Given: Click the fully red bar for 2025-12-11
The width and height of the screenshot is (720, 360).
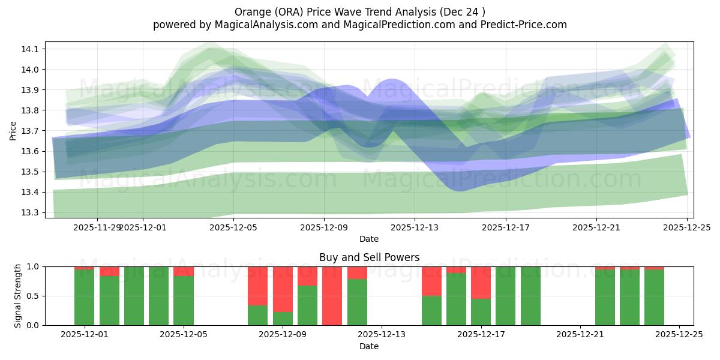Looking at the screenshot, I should click(x=332, y=296).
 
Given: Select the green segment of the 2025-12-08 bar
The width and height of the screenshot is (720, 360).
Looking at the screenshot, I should click(x=257, y=315).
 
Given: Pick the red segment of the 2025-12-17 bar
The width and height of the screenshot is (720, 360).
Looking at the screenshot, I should click(x=481, y=283).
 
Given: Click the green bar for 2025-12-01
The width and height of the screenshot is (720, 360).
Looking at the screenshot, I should click(x=84, y=297).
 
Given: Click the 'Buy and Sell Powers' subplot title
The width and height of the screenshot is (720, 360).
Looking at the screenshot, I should click(x=369, y=257).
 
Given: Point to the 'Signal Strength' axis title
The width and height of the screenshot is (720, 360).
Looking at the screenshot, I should click(x=17, y=296).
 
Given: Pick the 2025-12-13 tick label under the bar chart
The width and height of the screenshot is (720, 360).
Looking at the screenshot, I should click(x=382, y=335).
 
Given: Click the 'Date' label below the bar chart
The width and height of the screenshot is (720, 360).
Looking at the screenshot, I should click(x=369, y=346).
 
